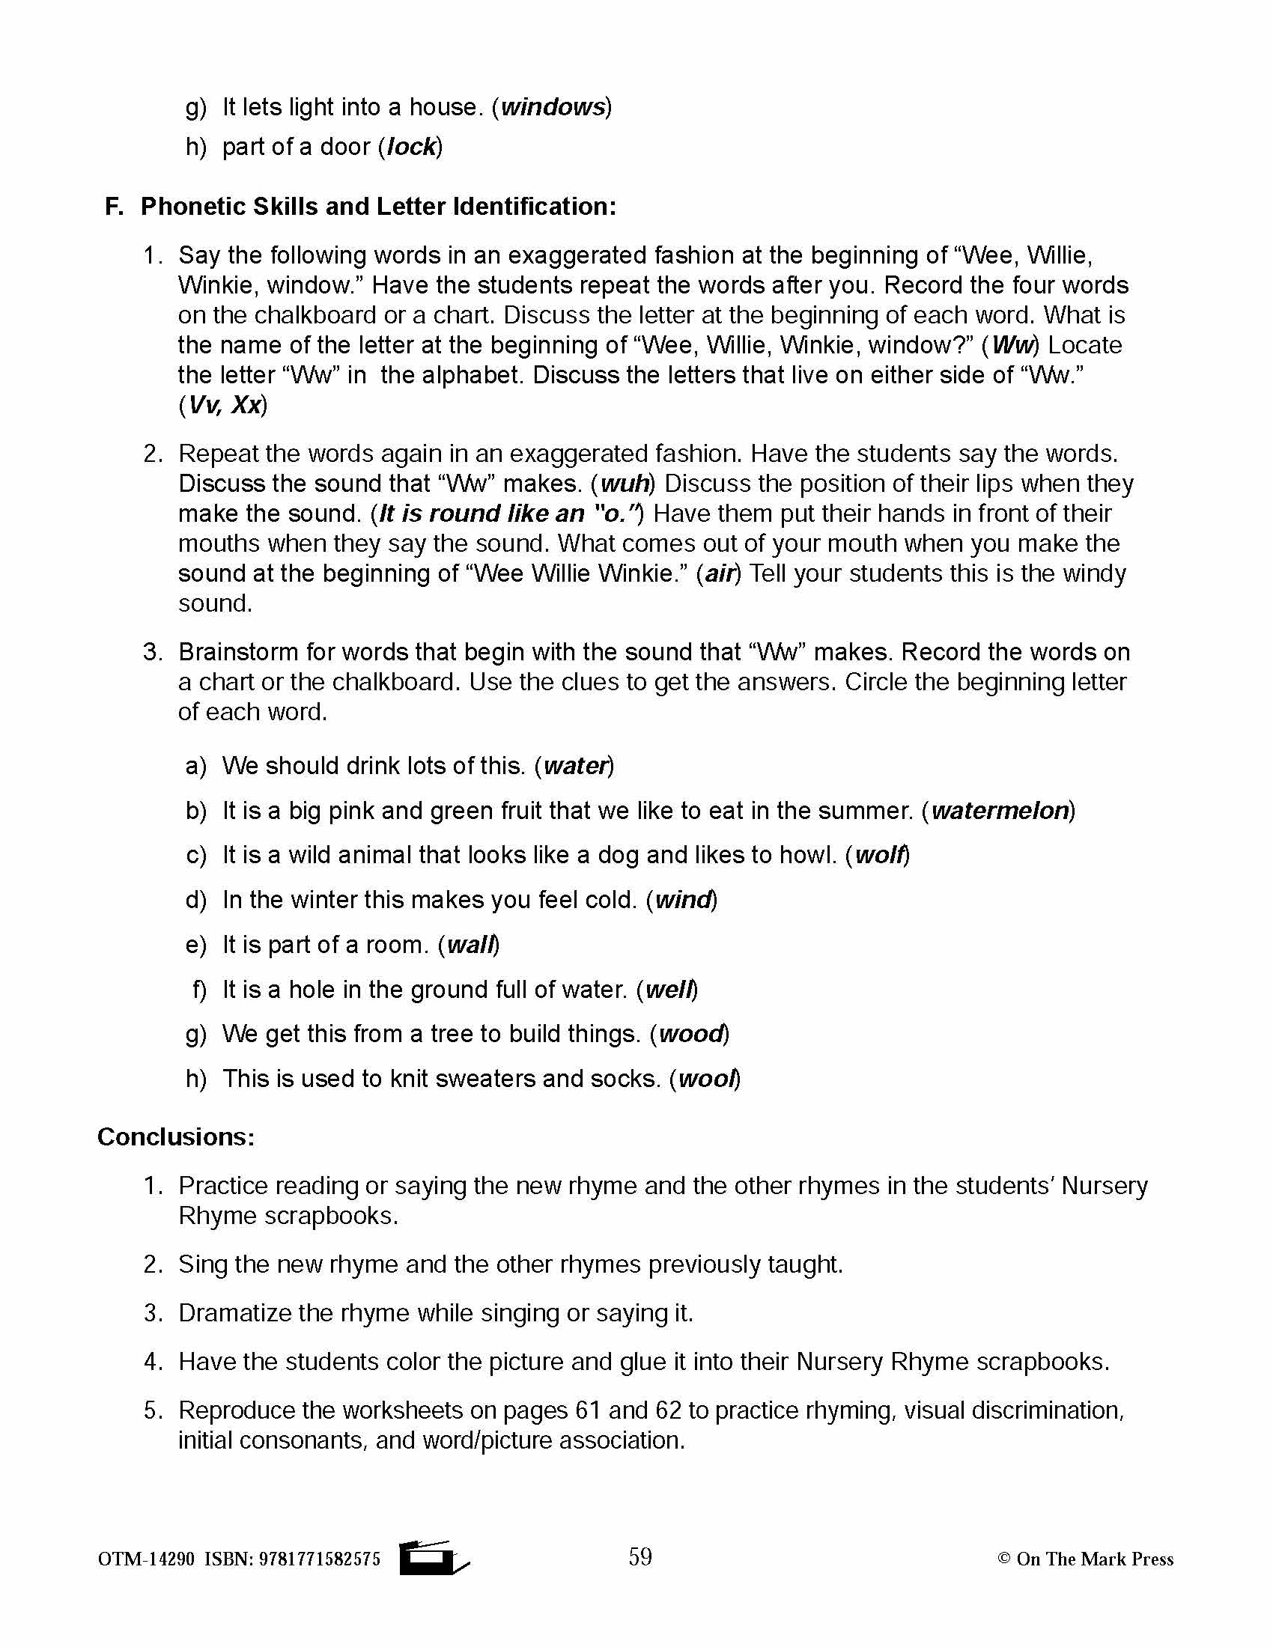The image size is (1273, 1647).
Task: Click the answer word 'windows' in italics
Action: click(x=553, y=107)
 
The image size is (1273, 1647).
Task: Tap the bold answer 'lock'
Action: click(x=411, y=146)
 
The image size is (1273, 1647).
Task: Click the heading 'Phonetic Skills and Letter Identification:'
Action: click(x=378, y=206)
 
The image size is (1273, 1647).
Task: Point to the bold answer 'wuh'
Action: click(x=625, y=484)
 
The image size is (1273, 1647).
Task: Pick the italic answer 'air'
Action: click(x=720, y=574)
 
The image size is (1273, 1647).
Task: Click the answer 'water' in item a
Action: click(x=575, y=766)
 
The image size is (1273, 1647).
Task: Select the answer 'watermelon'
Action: click(x=1000, y=811)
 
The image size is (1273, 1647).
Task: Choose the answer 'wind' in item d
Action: click(x=683, y=900)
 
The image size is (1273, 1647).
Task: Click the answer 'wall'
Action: click(x=470, y=945)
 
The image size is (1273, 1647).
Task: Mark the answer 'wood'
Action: click(x=691, y=1034)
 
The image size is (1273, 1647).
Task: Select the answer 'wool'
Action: click(x=707, y=1079)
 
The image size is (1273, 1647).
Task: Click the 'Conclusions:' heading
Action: click(x=177, y=1136)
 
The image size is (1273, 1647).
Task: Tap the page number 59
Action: click(x=640, y=1556)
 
